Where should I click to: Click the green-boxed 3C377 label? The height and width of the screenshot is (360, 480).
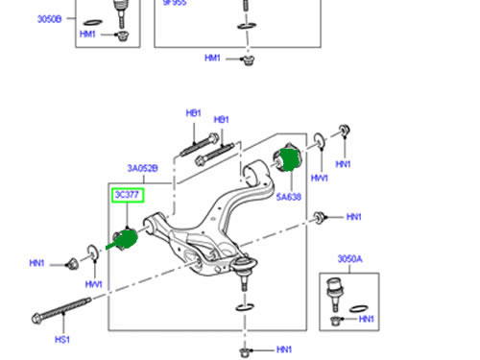tap(128, 195)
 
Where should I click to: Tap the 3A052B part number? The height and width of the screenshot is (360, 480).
tap(142, 168)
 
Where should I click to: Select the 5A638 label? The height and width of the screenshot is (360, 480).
tap(289, 197)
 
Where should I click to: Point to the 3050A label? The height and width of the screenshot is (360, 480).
tap(350, 258)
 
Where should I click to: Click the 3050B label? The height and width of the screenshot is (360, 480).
tap(49, 19)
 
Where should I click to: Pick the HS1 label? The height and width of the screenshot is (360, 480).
tap(62, 340)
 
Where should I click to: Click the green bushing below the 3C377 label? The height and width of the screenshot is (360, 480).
tap(126, 239)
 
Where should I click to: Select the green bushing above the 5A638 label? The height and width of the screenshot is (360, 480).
tap(288, 158)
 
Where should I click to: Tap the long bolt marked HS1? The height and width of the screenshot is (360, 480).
tap(61, 308)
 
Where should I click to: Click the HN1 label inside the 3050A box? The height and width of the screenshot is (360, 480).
tap(366, 319)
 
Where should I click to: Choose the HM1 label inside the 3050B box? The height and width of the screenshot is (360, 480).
tap(87, 34)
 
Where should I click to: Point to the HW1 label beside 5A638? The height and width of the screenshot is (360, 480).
tap(320, 179)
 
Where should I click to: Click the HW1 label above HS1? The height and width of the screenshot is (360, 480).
tap(94, 284)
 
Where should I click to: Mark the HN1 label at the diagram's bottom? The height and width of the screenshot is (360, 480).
tap(284, 349)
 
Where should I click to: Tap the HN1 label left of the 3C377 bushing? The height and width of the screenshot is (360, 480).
tap(36, 263)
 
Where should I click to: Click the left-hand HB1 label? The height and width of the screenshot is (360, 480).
tap(193, 113)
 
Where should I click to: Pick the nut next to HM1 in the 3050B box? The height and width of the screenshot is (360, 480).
tap(122, 36)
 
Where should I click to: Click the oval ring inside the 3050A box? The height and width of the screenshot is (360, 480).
tap(358, 309)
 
